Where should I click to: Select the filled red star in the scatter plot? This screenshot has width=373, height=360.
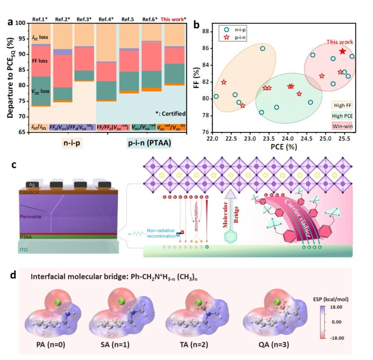[x=342, y=51]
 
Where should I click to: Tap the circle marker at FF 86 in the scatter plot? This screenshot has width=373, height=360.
[x=263, y=49]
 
